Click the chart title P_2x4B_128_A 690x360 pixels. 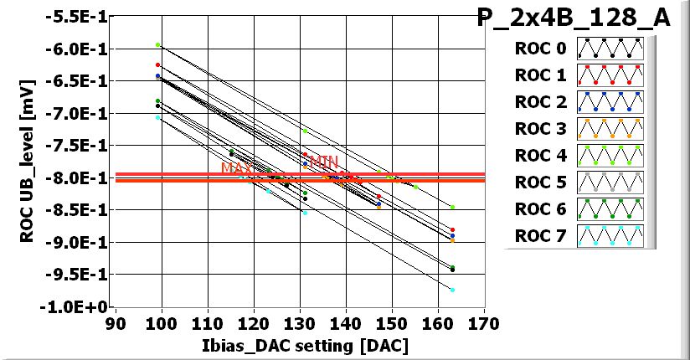(x=574, y=18)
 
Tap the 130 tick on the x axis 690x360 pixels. (x=300, y=321)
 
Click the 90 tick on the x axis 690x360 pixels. (x=116, y=321)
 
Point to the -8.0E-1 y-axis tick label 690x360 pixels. (x=77, y=177)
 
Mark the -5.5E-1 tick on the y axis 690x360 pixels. (x=77, y=16)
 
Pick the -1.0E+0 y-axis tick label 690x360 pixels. (x=77, y=306)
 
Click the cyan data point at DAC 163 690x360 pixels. (x=452, y=290)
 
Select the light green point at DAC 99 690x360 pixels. (x=157, y=44)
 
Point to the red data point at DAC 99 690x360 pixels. (x=157, y=64)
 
